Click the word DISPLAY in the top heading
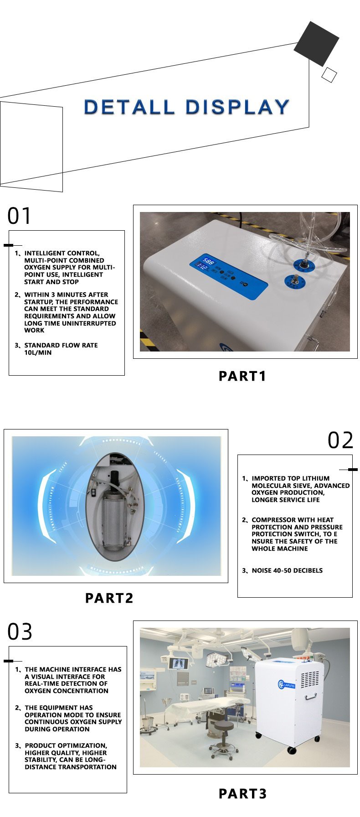tap(237, 107)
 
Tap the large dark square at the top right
tap(316, 44)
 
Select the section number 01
tap(20, 216)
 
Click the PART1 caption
tap(242, 376)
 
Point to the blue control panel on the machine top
tap(228, 277)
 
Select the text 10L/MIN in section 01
tap(38, 352)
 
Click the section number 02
tap(340, 440)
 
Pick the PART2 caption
tap(109, 598)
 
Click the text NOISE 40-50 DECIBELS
tap(287, 570)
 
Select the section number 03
tap(20, 632)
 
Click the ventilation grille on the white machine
tap(311, 678)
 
